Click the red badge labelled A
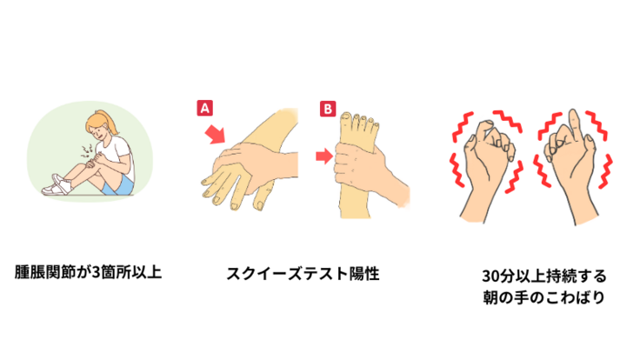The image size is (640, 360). tap(204, 108)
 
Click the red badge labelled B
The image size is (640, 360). tap(328, 109)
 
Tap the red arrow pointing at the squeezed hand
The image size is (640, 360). tap(215, 134)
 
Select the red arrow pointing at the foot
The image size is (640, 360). tap(324, 156)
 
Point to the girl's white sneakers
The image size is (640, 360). tap(60, 185)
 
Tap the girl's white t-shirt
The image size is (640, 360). tap(119, 156)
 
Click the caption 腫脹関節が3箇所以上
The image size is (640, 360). tap(88, 272)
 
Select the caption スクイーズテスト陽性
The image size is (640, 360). tap(303, 273)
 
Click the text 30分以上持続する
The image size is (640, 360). tap(544, 276)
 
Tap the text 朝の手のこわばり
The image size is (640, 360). tap(543, 297)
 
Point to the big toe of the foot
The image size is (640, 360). tap(346, 121)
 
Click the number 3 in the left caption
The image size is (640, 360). tap(96, 272)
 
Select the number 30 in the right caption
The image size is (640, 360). tap(490, 277)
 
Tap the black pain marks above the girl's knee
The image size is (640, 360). tap(87, 150)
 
